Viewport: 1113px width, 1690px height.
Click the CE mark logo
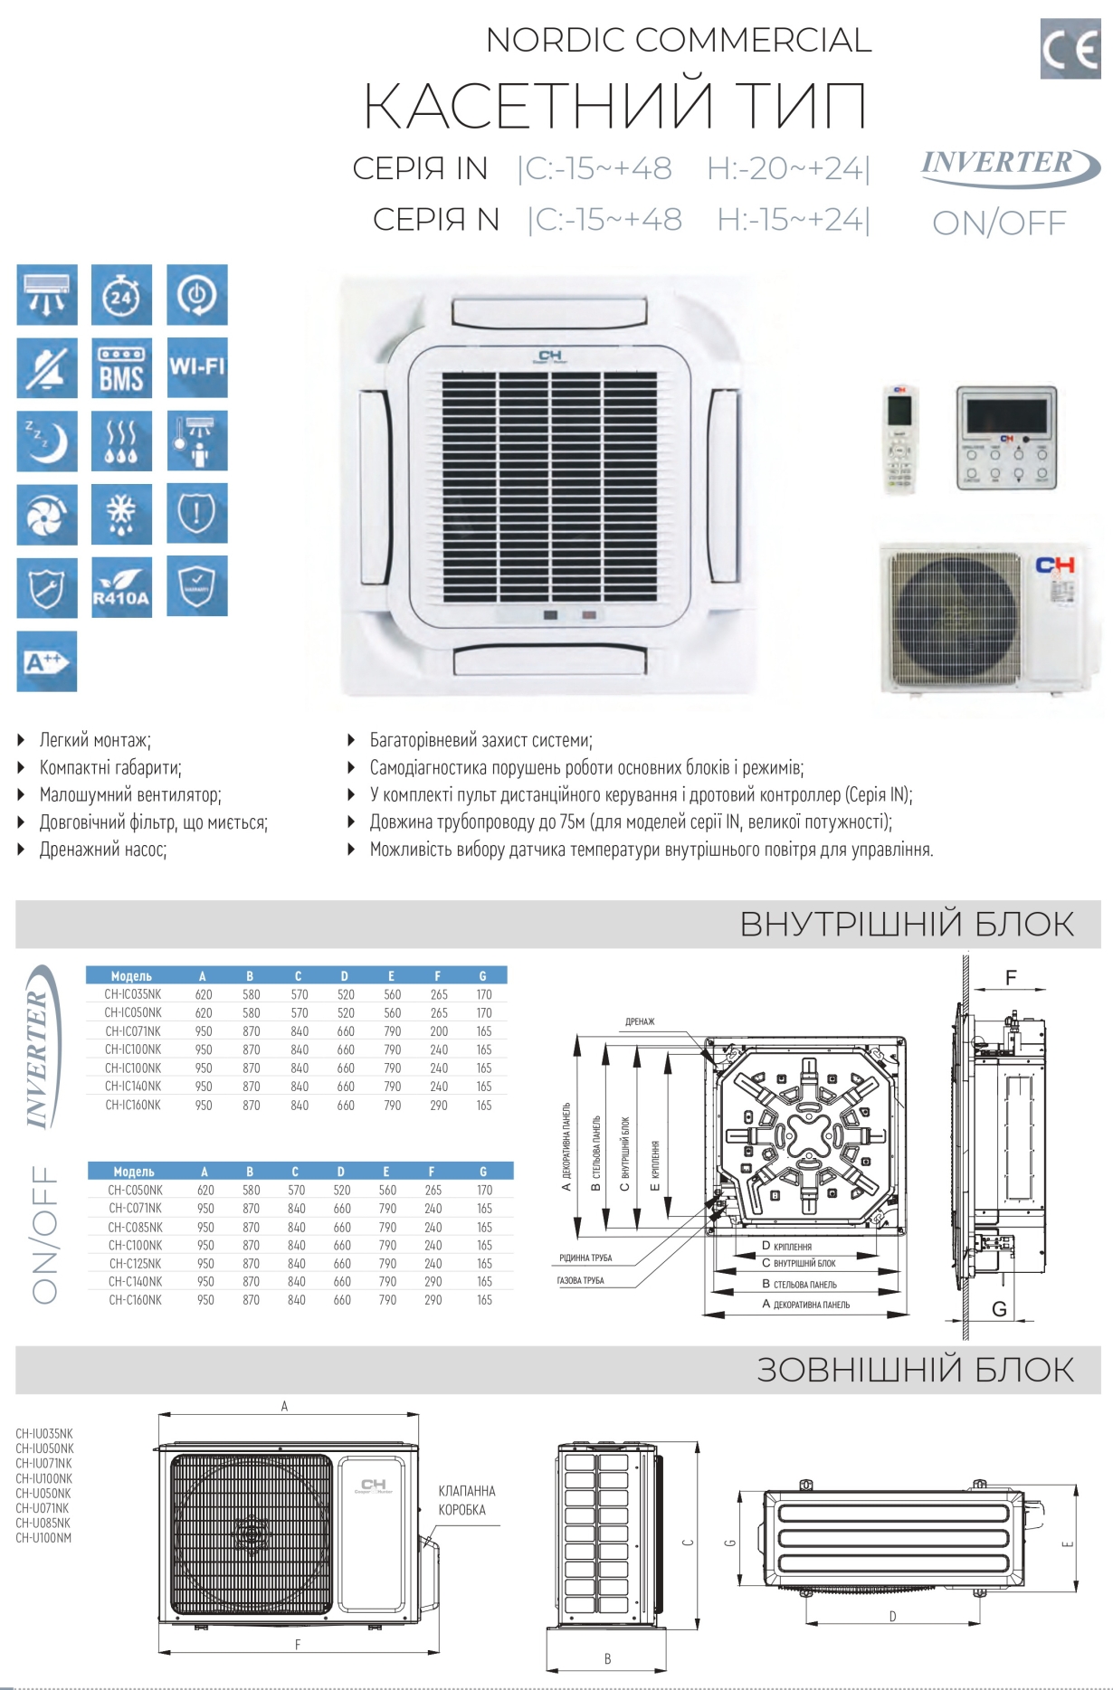[x=1070, y=49]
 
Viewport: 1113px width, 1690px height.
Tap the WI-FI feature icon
[x=197, y=367]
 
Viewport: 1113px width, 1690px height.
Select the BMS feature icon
[x=122, y=368]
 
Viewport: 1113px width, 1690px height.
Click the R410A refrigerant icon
[x=122, y=587]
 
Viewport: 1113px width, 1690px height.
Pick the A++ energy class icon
[x=47, y=661]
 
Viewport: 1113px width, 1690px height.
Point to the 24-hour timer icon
[x=122, y=295]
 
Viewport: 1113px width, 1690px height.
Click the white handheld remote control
[x=900, y=441]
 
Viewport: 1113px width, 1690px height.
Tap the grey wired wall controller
[x=1006, y=439]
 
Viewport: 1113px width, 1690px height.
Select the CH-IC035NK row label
[x=133, y=994]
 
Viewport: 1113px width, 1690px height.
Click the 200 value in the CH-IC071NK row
[x=439, y=1031]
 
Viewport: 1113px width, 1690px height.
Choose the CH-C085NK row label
[x=136, y=1228]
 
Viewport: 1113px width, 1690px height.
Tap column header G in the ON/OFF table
[x=483, y=1172]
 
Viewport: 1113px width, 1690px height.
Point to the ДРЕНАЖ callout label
[x=640, y=1021]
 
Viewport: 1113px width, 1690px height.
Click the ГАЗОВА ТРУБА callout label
[x=581, y=1280]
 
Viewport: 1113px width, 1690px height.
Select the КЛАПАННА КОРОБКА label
[x=467, y=1500]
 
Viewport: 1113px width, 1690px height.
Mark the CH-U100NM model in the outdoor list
[x=43, y=1538]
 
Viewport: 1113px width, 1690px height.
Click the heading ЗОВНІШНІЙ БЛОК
[x=916, y=1370]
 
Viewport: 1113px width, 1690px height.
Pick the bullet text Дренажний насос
[x=103, y=850]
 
